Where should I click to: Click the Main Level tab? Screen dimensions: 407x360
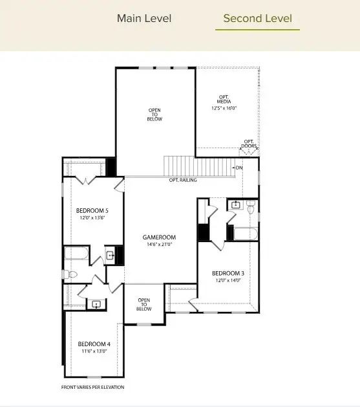coord(144,18)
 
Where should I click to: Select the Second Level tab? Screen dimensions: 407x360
coord(257,18)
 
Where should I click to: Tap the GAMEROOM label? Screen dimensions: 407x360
coord(159,237)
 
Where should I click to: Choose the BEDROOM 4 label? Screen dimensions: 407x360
coord(92,344)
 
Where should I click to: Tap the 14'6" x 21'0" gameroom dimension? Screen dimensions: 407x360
coord(159,245)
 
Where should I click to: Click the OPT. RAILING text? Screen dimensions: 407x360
coord(183,180)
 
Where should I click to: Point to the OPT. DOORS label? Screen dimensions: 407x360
coord(249,144)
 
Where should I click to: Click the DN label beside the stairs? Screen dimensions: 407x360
coord(238,168)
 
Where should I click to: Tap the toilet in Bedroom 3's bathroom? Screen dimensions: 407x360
coord(251,206)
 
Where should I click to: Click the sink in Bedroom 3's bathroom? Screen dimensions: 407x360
coord(235,206)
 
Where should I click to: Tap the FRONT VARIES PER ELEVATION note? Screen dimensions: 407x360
coord(92,387)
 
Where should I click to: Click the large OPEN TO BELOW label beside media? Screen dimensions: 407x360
coord(155,115)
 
